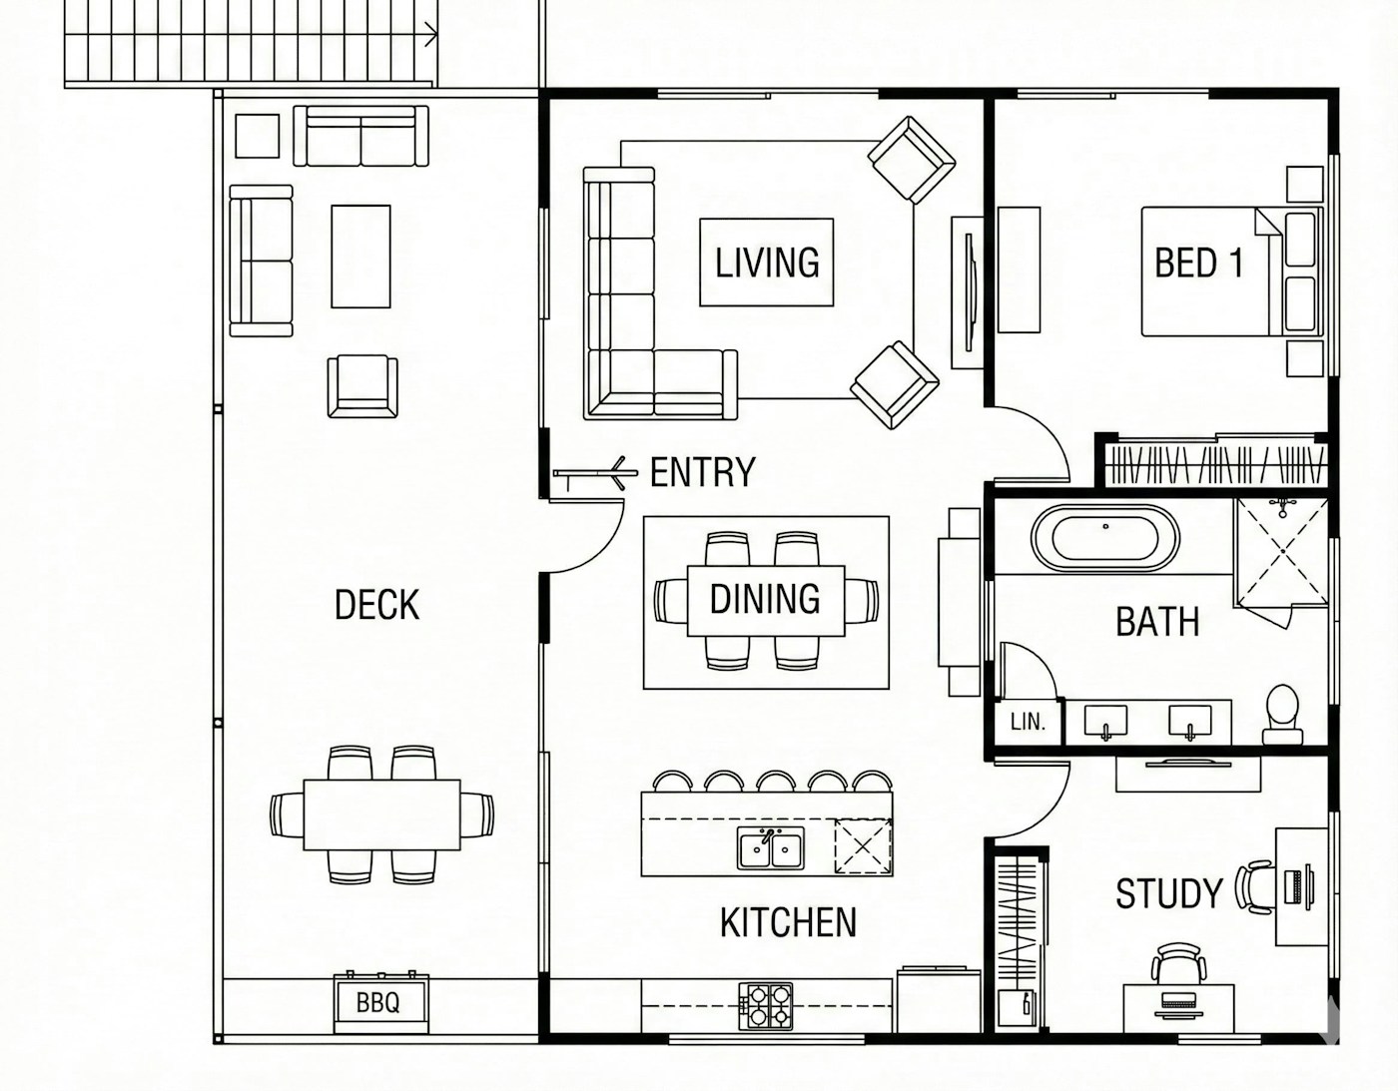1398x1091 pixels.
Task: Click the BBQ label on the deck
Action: click(x=377, y=1002)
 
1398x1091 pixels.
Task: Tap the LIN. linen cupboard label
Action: click(x=1029, y=722)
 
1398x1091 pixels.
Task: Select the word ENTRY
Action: click(x=703, y=472)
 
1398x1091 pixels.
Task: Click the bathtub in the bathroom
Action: click(x=1105, y=537)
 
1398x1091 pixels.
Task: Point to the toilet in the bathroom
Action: click(x=1281, y=715)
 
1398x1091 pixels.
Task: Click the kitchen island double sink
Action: click(x=771, y=848)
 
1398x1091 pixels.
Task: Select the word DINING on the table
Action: click(x=765, y=599)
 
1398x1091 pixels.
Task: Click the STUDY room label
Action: click(x=1168, y=893)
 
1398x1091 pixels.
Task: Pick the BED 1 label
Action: click(x=1198, y=263)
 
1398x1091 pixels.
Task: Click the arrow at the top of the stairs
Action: click(x=430, y=33)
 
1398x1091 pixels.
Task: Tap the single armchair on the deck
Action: click(x=362, y=385)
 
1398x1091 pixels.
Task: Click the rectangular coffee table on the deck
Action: click(x=360, y=256)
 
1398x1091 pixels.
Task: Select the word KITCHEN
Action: click(x=788, y=922)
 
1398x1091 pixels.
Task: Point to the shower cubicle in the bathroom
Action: click(x=1281, y=552)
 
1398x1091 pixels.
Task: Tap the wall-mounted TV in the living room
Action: click(x=971, y=292)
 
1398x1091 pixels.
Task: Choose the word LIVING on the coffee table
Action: click(x=768, y=263)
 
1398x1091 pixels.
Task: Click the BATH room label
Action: click(x=1157, y=622)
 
